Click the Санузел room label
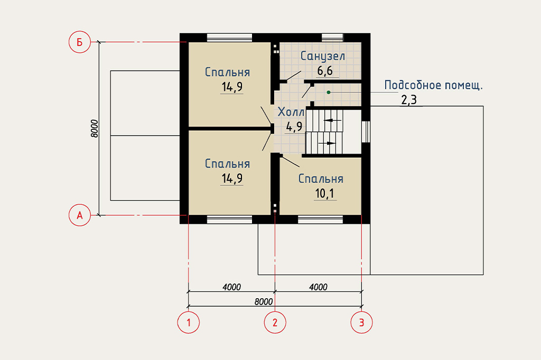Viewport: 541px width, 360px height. pyautogui.click(x=323, y=56)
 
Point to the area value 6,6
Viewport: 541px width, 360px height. pyautogui.click(x=325, y=71)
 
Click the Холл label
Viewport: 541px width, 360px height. pyautogui.click(x=291, y=112)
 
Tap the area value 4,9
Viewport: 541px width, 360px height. pyautogui.click(x=294, y=127)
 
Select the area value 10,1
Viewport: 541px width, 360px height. pyautogui.click(x=325, y=193)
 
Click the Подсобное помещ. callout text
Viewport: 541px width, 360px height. pyautogui.click(x=433, y=85)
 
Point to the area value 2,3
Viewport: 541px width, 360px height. pyautogui.click(x=409, y=100)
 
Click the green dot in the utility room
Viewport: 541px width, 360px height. pyautogui.click(x=329, y=92)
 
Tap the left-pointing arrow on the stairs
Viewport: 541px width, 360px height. pyautogui.click(x=333, y=120)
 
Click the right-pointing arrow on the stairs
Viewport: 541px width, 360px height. pyautogui.click(x=327, y=143)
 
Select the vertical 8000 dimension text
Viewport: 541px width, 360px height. pyautogui.click(x=95, y=129)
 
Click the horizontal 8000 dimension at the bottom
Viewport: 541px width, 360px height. pyautogui.click(x=264, y=302)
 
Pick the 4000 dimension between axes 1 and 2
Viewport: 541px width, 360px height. pyautogui.click(x=231, y=287)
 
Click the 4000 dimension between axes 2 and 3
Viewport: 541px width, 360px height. pyautogui.click(x=318, y=287)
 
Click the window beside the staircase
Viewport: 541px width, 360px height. pyautogui.click(x=366, y=131)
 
